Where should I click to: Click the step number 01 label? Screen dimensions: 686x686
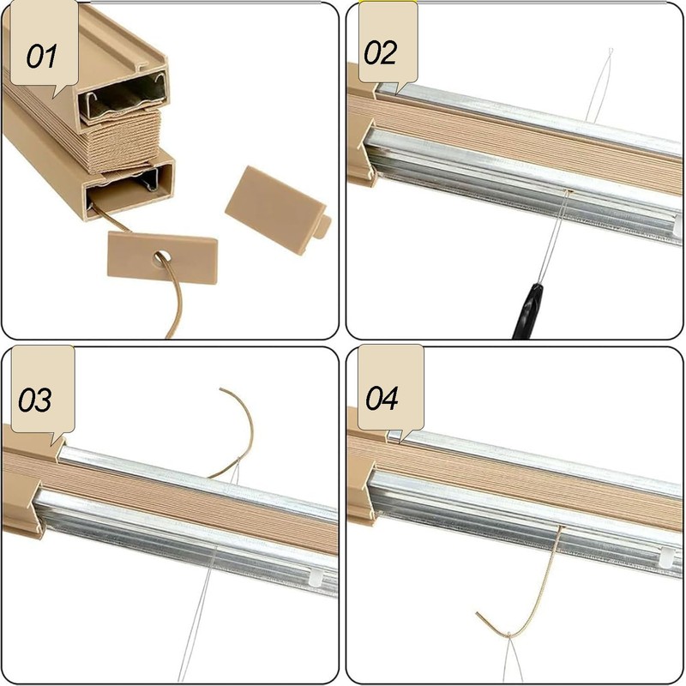[x=41, y=57]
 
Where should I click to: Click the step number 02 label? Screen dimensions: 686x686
[x=380, y=52]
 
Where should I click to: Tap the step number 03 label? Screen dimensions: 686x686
[x=34, y=400]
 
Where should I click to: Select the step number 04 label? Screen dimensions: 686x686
[x=382, y=398]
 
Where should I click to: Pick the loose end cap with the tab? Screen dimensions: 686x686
[x=278, y=210]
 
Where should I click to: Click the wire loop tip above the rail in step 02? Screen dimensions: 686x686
[x=611, y=51]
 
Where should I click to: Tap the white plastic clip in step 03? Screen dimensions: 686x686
[x=316, y=577]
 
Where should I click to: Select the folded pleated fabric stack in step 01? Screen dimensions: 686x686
[x=124, y=140]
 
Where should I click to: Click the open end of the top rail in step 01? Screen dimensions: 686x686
[x=123, y=98]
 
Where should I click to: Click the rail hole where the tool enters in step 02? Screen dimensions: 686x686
[x=568, y=190]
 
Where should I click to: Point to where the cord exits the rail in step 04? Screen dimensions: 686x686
[x=562, y=527]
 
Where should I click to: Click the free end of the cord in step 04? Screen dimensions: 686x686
[x=478, y=614]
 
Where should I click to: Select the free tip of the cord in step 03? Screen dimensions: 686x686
[x=221, y=389]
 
